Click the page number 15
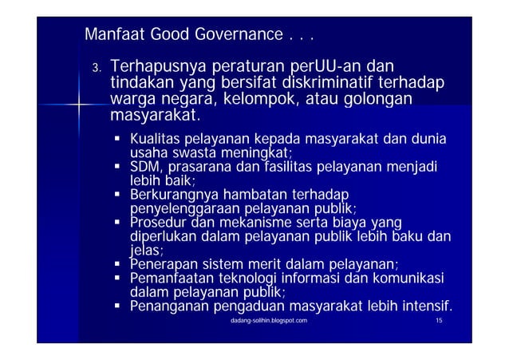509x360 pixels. point(440,320)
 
